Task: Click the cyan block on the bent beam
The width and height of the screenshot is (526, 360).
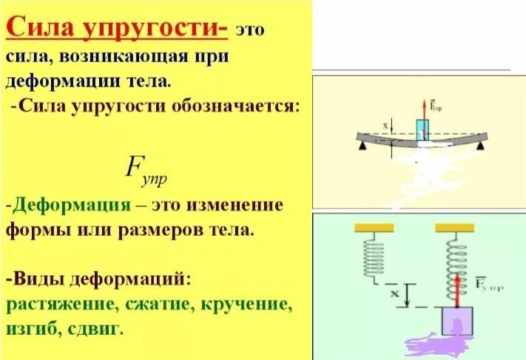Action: point(422,129)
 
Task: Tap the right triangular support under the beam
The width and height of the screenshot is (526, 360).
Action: point(482,146)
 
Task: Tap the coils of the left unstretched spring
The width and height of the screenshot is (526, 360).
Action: point(374,256)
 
